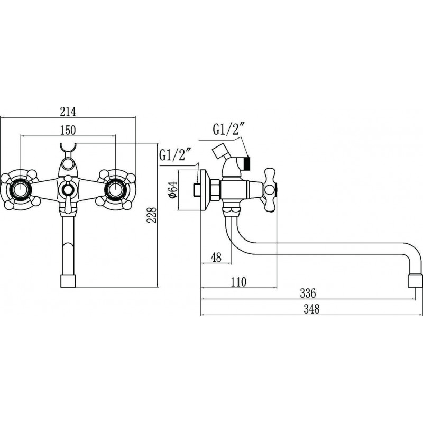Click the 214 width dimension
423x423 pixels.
tap(68, 112)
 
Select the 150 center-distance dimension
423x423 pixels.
tap(68, 130)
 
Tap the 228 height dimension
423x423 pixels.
tap(152, 215)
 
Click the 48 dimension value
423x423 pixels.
tap(216, 257)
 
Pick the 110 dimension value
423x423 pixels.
tap(238, 282)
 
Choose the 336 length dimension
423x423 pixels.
tap(308, 293)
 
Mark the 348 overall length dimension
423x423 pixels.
tap(311, 309)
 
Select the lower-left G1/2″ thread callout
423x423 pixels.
tap(176, 155)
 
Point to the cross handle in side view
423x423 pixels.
tap(270, 189)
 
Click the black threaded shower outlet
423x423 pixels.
tap(247, 164)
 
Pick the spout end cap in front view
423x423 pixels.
tap(68, 281)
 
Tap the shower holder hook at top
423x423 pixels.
tap(68, 148)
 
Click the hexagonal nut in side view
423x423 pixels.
tap(216, 190)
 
